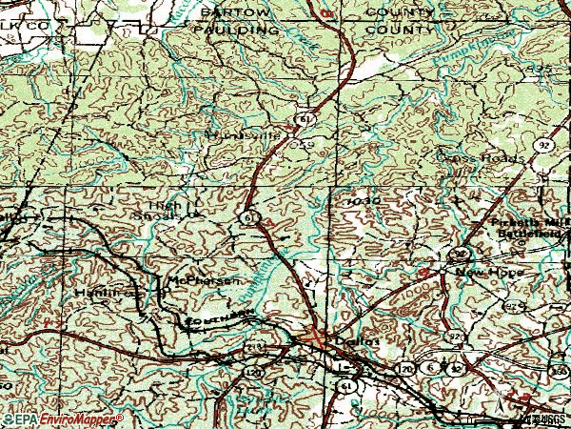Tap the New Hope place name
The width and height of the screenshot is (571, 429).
click(x=481, y=272)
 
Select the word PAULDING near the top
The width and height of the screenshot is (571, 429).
click(x=231, y=31)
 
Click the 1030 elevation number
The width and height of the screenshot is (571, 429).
click(x=364, y=203)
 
